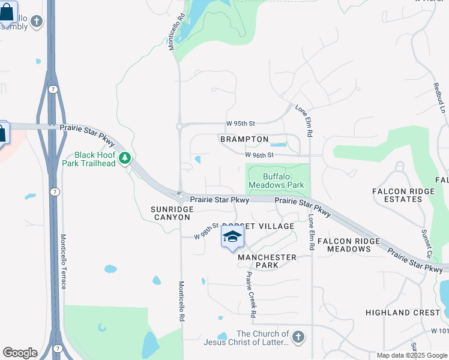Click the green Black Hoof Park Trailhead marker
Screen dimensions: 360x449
pos(125,158)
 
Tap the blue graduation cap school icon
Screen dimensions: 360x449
pos(232,236)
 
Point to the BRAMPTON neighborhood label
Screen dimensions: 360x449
pos(244,139)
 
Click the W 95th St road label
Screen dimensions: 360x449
pos(241,124)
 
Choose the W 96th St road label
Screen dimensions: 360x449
pos(259,155)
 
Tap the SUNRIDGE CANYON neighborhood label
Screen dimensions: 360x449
pos(172,212)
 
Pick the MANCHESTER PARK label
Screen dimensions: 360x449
pos(267,261)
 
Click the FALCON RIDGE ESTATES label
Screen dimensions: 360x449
pos(397,194)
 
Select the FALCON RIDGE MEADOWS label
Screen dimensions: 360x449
pos(349,245)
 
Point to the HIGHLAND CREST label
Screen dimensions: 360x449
pos(403,313)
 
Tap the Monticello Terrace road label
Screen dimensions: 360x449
pos(64,261)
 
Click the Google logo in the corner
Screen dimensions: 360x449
pos(20,353)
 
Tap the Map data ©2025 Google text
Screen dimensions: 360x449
pos(411,355)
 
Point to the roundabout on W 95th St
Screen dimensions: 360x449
pos(179,127)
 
